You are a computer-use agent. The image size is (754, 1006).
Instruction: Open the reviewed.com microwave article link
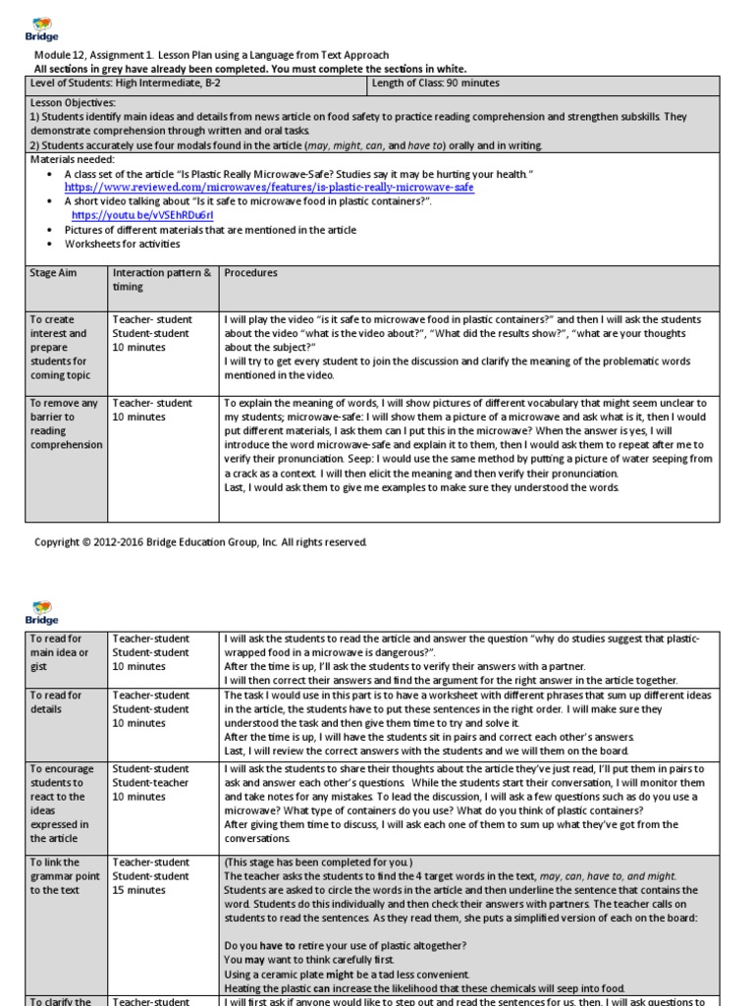click(269, 188)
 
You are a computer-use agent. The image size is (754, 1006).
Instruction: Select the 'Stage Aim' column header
click(53, 273)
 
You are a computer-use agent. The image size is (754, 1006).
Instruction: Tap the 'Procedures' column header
click(251, 273)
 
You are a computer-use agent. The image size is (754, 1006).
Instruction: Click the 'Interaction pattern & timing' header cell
click(162, 280)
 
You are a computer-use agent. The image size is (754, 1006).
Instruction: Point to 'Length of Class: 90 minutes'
click(436, 84)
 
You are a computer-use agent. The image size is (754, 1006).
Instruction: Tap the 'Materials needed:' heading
click(73, 159)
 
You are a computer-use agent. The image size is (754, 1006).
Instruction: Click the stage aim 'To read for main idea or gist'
click(59, 652)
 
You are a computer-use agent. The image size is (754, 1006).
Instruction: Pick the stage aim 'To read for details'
click(56, 702)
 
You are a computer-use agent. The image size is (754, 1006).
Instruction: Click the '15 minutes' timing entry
click(139, 890)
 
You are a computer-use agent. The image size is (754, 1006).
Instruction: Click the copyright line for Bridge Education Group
click(200, 542)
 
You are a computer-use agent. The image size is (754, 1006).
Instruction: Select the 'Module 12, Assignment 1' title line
click(211, 55)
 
